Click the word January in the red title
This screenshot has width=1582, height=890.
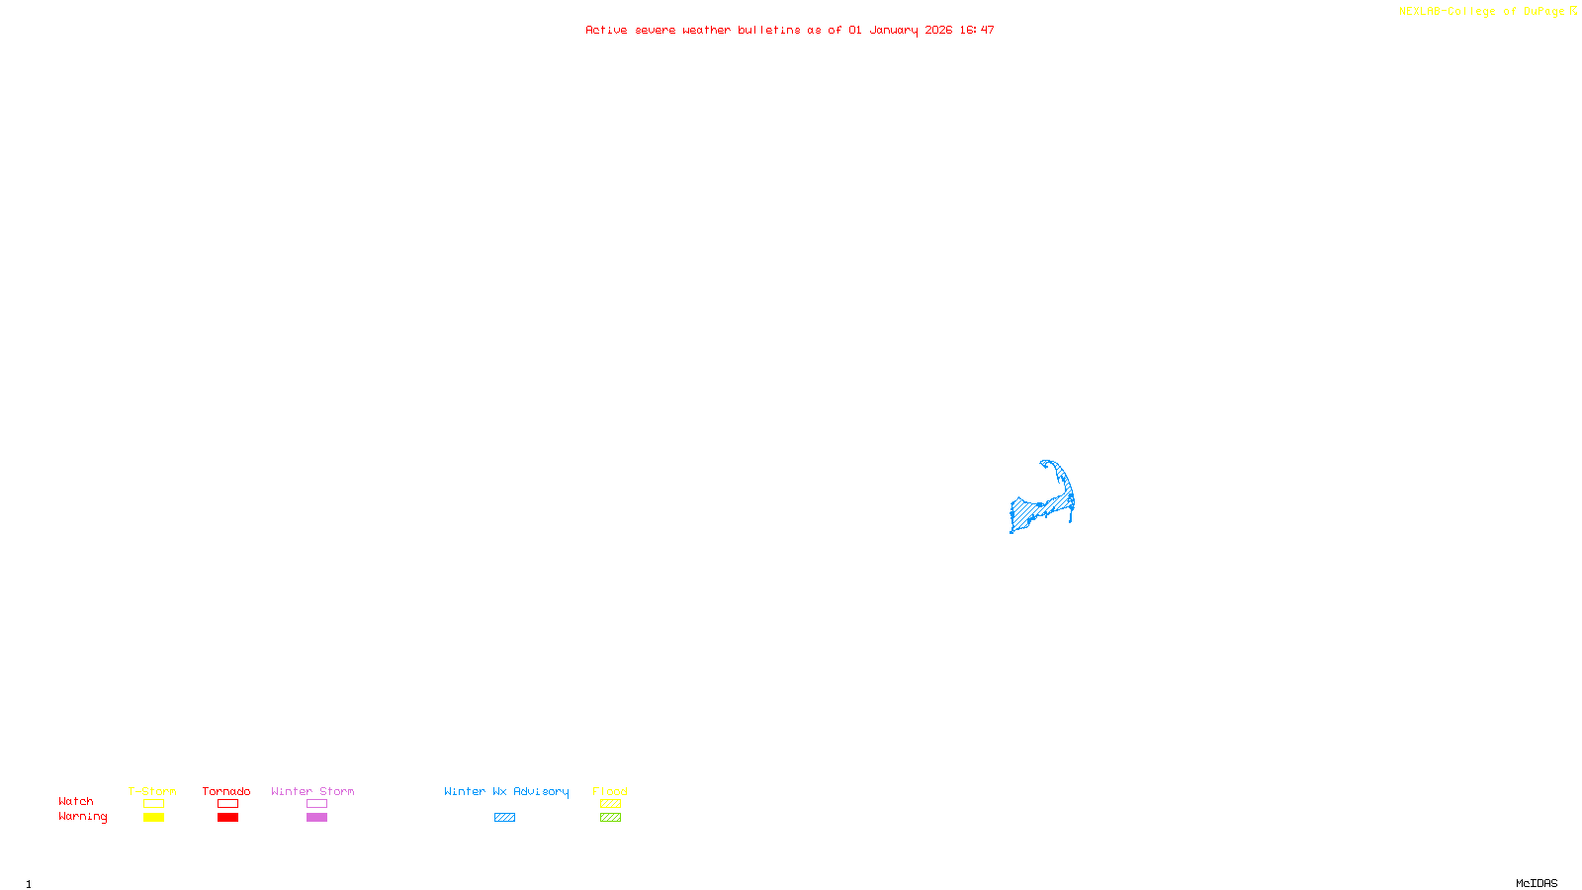click(893, 30)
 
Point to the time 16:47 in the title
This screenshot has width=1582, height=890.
click(976, 30)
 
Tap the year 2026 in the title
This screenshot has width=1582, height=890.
click(938, 30)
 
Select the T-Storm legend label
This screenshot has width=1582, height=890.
click(152, 791)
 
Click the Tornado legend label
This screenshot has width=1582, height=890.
click(226, 791)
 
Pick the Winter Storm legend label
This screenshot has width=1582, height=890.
click(312, 791)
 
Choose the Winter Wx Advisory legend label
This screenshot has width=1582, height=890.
click(506, 791)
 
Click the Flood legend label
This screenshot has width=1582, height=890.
click(610, 791)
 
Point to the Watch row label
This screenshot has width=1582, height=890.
click(76, 801)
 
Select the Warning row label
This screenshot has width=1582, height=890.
click(83, 817)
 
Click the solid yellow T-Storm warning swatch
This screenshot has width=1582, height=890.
click(153, 818)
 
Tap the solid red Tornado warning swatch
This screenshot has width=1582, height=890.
click(227, 818)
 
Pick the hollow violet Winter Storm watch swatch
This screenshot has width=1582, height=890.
click(316, 804)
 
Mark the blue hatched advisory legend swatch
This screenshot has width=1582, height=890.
click(504, 818)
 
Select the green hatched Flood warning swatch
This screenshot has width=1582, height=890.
click(610, 818)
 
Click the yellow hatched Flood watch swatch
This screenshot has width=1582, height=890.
click(610, 804)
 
